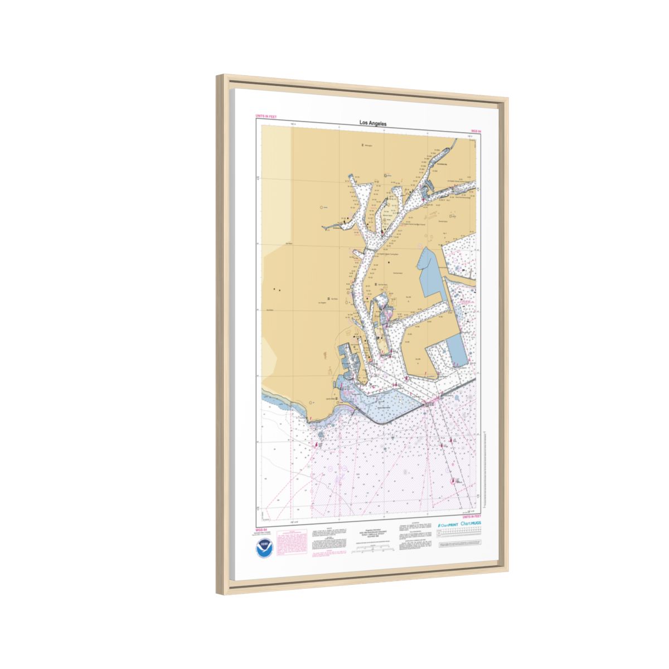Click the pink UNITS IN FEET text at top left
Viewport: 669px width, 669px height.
click(x=266, y=116)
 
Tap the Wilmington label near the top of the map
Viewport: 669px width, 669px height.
click(x=367, y=146)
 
